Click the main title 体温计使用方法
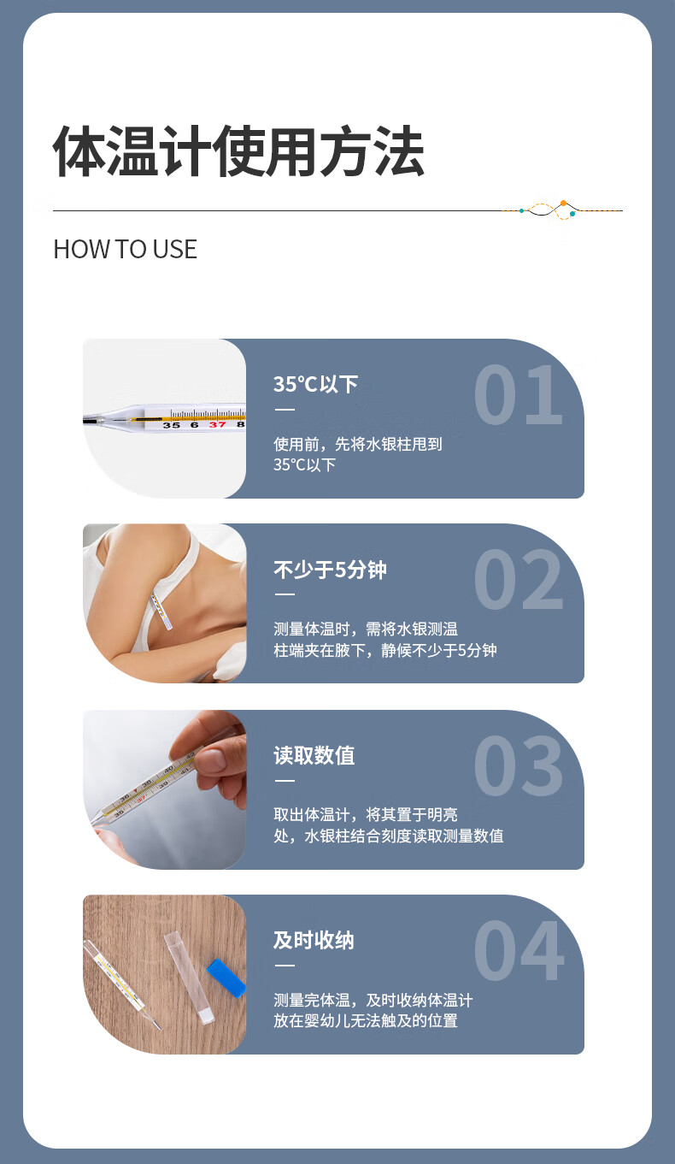tap(238, 151)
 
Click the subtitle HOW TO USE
tap(125, 249)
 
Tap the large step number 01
tap(518, 394)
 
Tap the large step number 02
tap(518, 579)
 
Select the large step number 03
tap(518, 765)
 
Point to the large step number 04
tap(518, 950)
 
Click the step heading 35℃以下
tap(315, 385)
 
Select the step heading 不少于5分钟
tap(330, 570)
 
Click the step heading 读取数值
tap(314, 755)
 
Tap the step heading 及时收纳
tap(314, 941)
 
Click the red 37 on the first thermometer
tap(218, 425)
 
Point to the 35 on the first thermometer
tap(171, 426)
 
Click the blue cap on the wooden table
tap(226, 979)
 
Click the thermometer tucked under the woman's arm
tap(161, 610)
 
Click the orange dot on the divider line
tap(563, 204)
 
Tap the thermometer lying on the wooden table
tap(122, 984)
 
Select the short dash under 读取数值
tap(285, 780)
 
